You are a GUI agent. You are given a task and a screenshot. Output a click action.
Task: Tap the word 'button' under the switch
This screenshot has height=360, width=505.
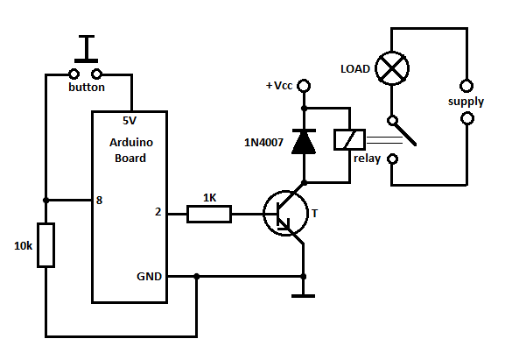87,88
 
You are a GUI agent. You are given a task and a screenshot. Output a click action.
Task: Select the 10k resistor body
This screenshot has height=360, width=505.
46,245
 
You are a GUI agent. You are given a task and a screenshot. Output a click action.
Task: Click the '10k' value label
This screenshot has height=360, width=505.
23,247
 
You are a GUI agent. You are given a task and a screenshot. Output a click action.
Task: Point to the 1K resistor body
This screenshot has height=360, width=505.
210,213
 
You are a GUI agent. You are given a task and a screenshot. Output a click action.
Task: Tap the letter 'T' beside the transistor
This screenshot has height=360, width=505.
316,213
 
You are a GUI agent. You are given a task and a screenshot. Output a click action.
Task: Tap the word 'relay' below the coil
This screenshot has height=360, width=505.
367,159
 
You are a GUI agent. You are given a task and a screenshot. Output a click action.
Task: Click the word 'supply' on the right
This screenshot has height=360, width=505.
466,102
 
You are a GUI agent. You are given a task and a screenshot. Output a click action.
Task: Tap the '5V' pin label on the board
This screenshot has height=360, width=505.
130,121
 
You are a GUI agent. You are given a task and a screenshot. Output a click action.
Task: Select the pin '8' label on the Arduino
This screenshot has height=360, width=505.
100,200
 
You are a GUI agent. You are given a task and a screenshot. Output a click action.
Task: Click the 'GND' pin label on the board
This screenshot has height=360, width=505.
148,276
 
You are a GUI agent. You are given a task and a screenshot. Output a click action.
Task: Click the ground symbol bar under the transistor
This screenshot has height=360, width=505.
303,295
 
